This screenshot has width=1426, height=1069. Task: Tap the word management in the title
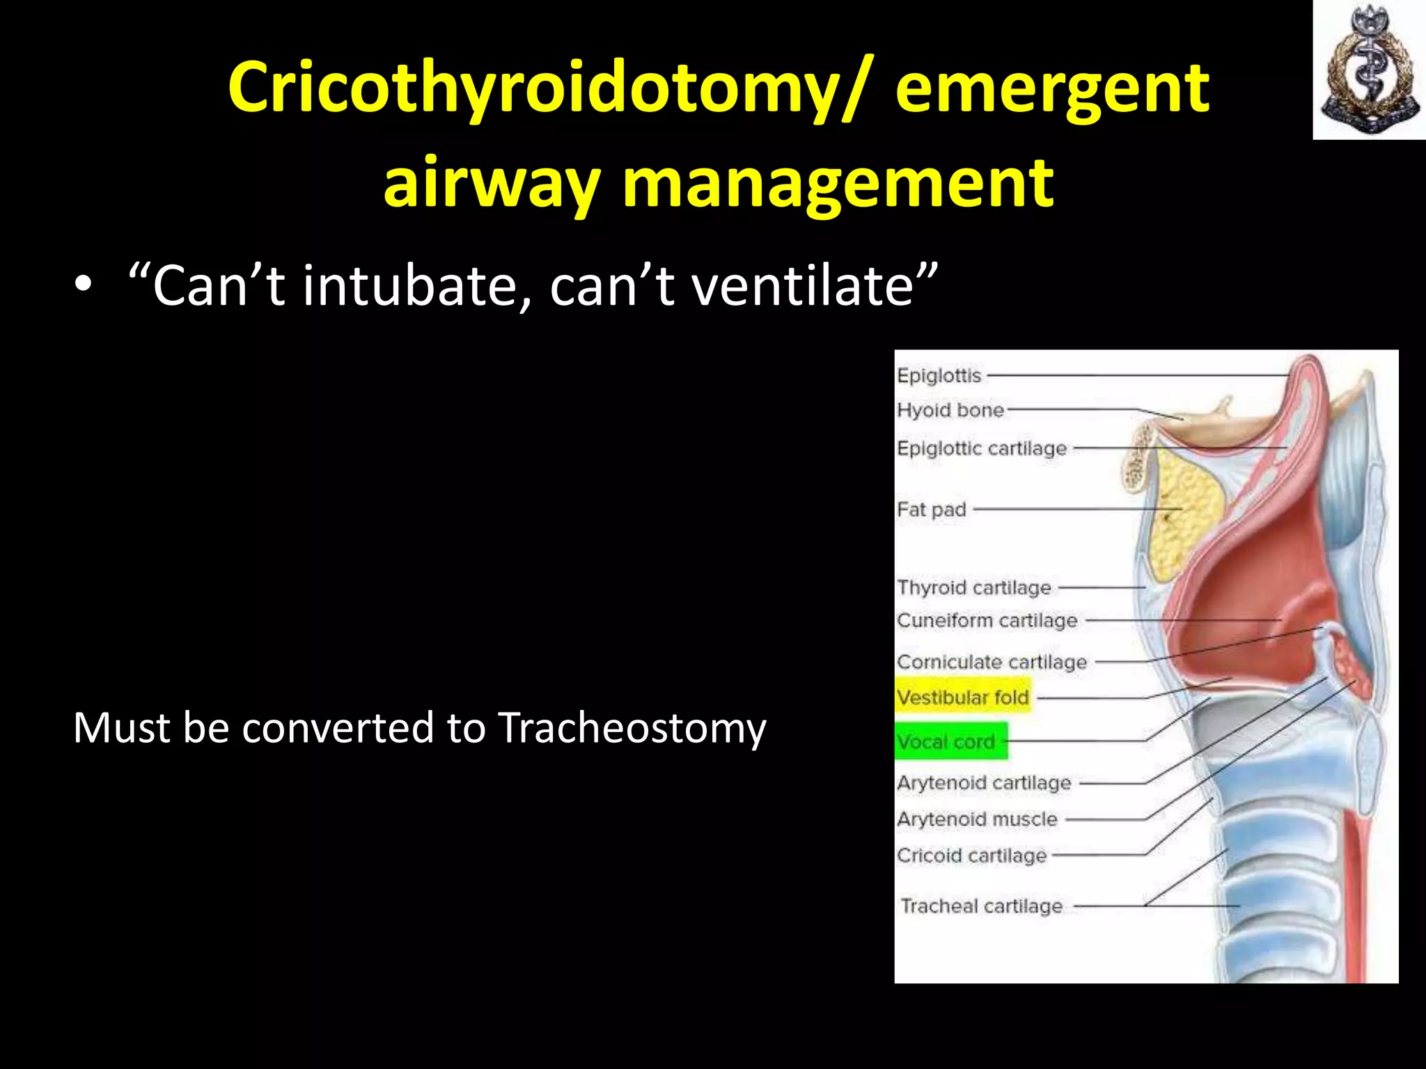[838, 182]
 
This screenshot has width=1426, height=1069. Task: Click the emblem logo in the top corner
[1369, 70]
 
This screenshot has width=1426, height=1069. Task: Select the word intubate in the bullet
[412, 286]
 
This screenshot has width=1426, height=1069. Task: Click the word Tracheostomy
[632, 728]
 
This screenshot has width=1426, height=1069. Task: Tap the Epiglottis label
[939, 376]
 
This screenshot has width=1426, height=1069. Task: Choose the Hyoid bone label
[950, 410]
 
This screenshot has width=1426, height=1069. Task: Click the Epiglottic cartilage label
[982, 448]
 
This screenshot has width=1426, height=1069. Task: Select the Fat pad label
[932, 509]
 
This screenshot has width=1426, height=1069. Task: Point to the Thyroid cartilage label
[974, 587]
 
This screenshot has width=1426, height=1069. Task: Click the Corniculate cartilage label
[992, 661]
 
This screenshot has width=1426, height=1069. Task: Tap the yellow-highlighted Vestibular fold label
[963, 697]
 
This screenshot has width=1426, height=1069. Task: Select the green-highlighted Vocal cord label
[947, 742]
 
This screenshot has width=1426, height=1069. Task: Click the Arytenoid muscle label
[977, 819]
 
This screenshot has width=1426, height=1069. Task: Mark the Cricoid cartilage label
[972, 855]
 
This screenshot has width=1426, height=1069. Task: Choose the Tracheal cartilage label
[982, 905]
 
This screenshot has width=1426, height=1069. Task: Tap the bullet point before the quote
[83, 287]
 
